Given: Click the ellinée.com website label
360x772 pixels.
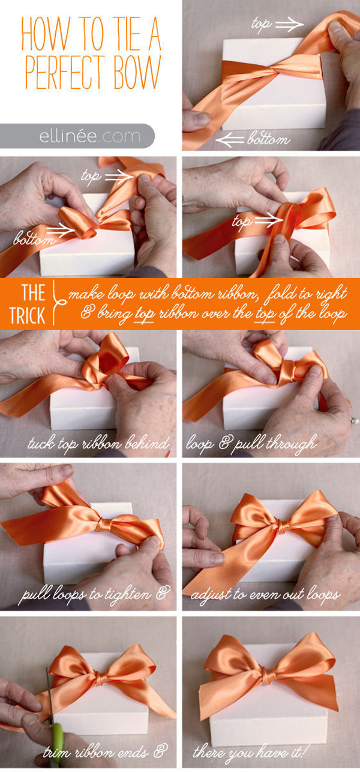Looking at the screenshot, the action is coord(90,136).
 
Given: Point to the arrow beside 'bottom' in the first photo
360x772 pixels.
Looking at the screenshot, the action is coord(230,140).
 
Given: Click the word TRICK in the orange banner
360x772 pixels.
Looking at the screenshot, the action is coord(28,315).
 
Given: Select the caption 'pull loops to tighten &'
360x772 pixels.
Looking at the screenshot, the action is coord(95,594).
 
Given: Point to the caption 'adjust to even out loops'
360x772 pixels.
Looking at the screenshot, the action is coord(265,594).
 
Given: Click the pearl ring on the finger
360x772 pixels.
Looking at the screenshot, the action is coord(354,420).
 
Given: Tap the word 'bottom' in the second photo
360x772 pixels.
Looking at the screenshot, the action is coord(34,238).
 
